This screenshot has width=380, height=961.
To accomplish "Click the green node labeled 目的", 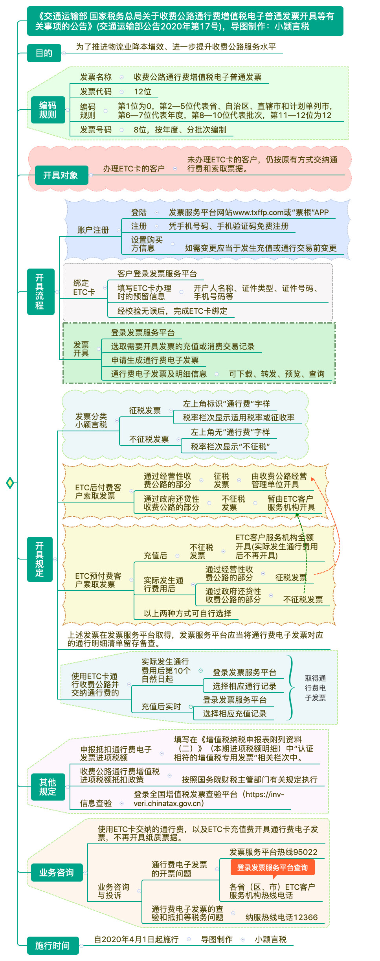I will tap(44, 53).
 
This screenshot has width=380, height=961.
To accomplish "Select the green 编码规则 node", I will tap(48, 110).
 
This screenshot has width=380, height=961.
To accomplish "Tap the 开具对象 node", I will tap(60, 175).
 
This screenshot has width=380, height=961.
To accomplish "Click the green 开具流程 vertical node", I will tap(40, 292).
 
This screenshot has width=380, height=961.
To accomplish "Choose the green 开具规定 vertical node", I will tap(40, 559).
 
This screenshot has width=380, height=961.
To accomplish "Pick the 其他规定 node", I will tap(48, 787).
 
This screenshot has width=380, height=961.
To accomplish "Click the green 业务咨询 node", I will tap(56, 873).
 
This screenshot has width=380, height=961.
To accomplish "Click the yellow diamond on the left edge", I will tap(10, 483).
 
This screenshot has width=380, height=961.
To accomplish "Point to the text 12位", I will tap(142, 92).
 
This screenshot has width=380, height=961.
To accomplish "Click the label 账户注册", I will tap(93, 230).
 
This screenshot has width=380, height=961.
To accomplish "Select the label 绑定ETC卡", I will tap(84, 287).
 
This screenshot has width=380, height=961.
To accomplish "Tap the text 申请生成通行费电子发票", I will tap(155, 360).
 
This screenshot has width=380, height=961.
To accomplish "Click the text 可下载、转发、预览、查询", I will tap(277, 374).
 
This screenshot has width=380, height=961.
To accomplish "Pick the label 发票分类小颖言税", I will tap(91, 420).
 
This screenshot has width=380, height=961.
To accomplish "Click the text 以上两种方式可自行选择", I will tap(187, 613).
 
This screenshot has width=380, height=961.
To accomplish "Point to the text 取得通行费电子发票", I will tap(315, 688).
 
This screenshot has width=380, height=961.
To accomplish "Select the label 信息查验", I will tap(96, 803).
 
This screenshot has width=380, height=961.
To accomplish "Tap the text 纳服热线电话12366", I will tap(281, 917).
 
